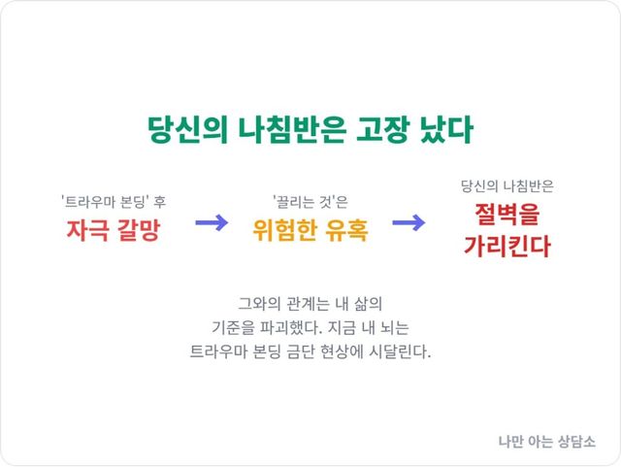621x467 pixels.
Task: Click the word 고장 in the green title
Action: (x=382, y=129)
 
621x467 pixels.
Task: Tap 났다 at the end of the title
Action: (x=446, y=129)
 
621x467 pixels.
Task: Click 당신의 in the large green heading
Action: (x=187, y=129)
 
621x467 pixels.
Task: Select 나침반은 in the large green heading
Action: (x=292, y=129)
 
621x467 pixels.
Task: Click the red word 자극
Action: (x=86, y=230)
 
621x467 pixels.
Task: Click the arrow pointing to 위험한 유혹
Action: (x=212, y=222)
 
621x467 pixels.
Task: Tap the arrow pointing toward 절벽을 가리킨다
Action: (x=409, y=222)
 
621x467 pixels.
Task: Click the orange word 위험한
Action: (x=285, y=230)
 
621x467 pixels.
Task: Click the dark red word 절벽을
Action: (x=507, y=214)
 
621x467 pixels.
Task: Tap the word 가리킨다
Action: (x=507, y=246)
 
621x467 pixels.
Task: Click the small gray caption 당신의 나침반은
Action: (x=507, y=186)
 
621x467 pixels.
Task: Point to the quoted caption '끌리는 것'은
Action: (x=310, y=202)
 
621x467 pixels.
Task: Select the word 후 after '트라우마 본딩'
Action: (x=159, y=202)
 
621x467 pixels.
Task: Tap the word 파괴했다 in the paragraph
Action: (x=290, y=328)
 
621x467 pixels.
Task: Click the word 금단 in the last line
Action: (x=299, y=351)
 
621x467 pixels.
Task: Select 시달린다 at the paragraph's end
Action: (x=400, y=351)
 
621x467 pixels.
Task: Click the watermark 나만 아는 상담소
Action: (x=547, y=441)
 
